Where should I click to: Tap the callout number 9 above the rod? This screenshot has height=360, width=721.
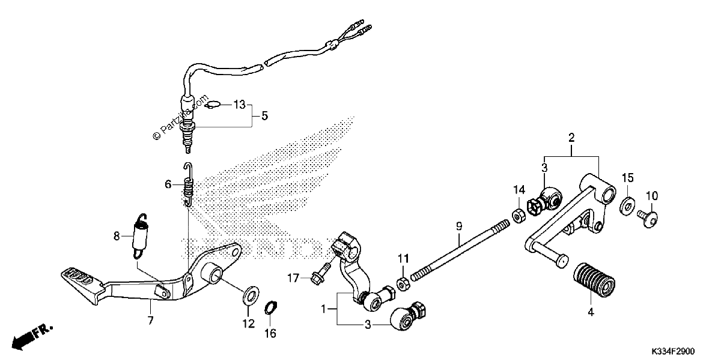click(459, 226)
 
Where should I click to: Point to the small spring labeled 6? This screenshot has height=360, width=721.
click(188, 185)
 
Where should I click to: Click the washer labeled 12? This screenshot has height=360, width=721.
click(251, 294)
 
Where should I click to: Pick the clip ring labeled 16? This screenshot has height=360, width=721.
click(271, 308)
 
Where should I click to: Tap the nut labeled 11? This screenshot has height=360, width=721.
click(403, 283)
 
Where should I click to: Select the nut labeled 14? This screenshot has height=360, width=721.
click(519, 215)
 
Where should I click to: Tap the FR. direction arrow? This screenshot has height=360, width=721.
click(32, 337)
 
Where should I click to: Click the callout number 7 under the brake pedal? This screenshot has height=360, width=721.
click(150, 320)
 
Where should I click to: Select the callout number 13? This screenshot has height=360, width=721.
click(240, 105)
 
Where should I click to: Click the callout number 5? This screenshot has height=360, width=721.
click(264, 115)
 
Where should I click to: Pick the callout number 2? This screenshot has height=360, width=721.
click(571, 138)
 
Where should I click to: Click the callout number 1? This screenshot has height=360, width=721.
click(323, 310)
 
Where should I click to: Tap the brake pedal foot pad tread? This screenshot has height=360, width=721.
click(79, 276)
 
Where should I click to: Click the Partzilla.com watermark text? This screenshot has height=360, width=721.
click(180, 118)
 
